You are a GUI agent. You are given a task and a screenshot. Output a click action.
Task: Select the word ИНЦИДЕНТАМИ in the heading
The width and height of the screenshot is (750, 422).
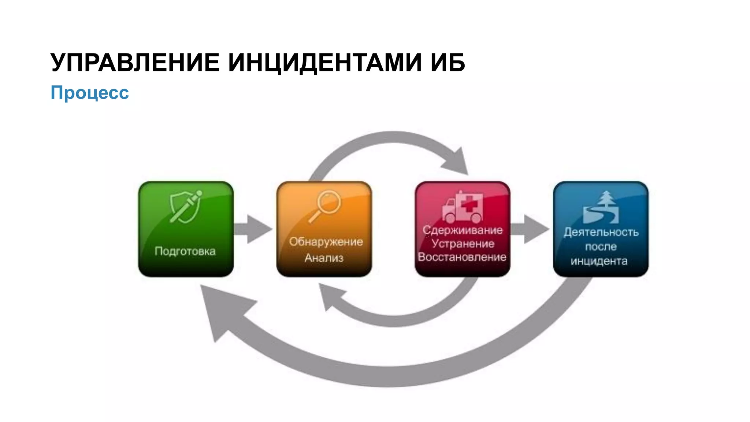pyautogui.click(x=324, y=63)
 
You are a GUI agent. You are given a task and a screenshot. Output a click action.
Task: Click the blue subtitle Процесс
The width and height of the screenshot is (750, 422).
pyautogui.click(x=90, y=92)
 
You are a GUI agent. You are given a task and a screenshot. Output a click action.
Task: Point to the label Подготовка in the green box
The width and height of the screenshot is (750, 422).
pyautogui.click(x=185, y=251)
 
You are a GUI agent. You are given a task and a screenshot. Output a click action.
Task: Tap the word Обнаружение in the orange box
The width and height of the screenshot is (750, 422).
pyautogui.click(x=326, y=242)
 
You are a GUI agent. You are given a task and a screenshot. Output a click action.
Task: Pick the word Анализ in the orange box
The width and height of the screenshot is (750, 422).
pyautogui.click(x=324, y=258)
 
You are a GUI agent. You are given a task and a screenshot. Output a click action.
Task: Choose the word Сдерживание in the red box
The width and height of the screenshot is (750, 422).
pyautogui.click(x=463, y=230)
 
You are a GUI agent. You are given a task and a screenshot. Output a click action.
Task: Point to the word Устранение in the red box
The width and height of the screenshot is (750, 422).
pyautogui.click(x=463, y=244)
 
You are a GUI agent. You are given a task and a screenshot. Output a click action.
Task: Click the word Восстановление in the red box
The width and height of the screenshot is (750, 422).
pyautogui.click(x=462, y=257)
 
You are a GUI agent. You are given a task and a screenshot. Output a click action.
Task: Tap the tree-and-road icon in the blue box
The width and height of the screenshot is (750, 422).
pyautogui.click(x=601, y=208)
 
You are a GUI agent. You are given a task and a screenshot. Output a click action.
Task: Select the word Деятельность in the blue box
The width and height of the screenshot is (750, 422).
pyautogui.click(x=601, y=232)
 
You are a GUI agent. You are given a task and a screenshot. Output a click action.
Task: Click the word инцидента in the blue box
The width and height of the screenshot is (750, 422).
pyautogui.click(x=599, y=261)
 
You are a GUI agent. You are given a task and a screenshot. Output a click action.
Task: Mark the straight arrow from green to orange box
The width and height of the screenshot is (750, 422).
pyautogui.click(x=253, y=229)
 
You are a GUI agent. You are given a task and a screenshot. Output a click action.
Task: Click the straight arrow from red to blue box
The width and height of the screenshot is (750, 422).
pyautogui.click(x=530, y=229)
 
